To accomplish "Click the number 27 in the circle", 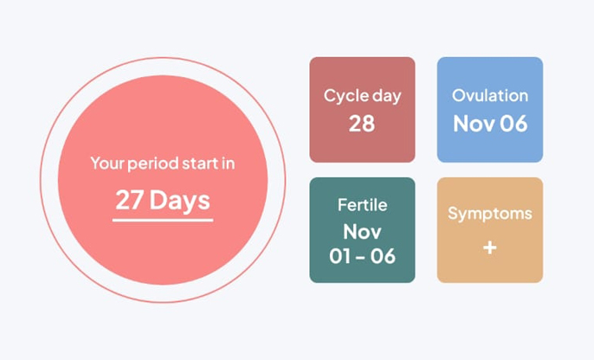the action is click(130, 200).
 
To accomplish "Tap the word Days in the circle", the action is click(179, 201).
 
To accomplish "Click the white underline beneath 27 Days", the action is click(163, 220).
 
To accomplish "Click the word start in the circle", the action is click(200, 164).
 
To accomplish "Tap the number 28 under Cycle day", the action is click(362, 124).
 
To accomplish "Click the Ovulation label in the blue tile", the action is click(490, 95).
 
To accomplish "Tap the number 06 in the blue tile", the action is click(513, 124).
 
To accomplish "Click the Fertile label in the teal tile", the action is click(362, 205).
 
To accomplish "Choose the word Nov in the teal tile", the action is click(362, 232).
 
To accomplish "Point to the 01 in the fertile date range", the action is click(340, 256).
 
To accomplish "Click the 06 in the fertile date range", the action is click(383, 256).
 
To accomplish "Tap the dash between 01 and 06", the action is click(361, 257).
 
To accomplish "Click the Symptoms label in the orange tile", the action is click(490, 214).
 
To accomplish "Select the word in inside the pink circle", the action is click(229, 164).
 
